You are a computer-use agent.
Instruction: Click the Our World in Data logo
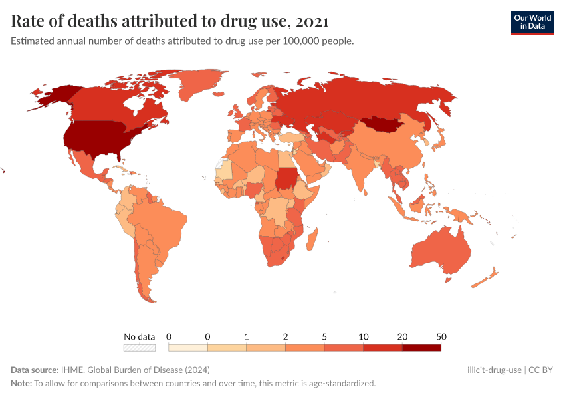click(x=532, y=22)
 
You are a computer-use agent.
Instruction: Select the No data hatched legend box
click(x=140, y=347)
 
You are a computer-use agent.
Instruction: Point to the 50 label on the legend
click(x=440, y=336)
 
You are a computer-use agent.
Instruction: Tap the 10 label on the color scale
click(x=363, y=336)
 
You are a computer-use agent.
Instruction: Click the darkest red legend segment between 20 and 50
click(x=421, y=347)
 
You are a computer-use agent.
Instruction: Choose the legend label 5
click(x=324, y=336)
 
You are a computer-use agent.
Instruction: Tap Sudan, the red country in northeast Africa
click(x=288, y=178)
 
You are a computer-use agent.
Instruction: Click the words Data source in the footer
click(x=35, y=370)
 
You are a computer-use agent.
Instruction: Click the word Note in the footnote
click(x=21, y=383)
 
